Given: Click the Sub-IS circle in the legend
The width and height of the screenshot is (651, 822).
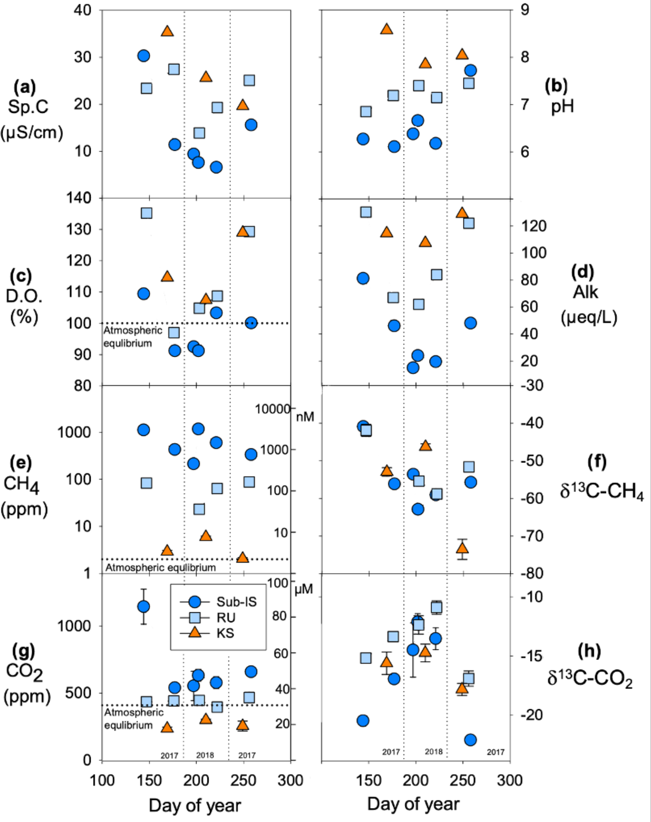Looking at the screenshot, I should click(195, 601).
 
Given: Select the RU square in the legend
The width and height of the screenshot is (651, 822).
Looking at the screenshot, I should click(195, 617).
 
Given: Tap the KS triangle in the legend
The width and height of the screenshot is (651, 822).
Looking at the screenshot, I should click(195, 633).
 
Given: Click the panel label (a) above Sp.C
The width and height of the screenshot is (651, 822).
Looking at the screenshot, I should click(25, 87).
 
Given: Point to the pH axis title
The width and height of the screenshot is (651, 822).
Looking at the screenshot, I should click(562, 106).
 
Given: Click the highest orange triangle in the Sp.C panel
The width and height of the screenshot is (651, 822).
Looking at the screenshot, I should click(167, 31).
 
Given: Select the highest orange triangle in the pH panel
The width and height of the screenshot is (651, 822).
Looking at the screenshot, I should click(387, 29).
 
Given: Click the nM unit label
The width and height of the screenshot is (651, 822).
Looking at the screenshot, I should click(305, 417).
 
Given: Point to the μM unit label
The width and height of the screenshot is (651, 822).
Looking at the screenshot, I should click(304, 589).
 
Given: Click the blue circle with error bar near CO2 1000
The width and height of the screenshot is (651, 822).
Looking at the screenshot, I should click(143, 606).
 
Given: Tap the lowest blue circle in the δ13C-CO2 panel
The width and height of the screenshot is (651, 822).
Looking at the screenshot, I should click(470, 739).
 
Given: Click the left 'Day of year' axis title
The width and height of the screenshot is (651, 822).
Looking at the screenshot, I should click(195, 805).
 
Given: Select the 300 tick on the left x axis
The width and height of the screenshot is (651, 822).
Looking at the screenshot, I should click(290, 780).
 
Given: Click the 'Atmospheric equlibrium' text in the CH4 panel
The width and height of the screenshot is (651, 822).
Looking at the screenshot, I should click(161, 568).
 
